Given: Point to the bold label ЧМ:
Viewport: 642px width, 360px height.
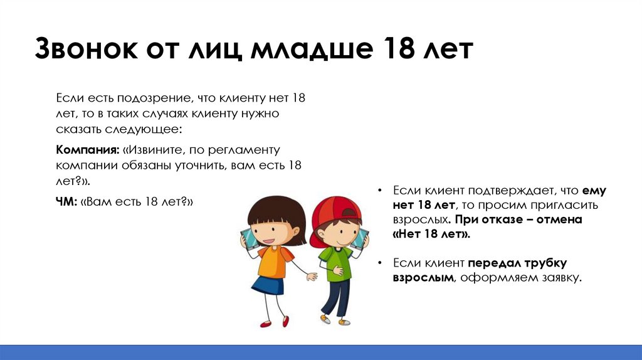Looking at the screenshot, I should coord(66,202).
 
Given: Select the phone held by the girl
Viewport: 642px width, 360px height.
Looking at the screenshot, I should coord(248,239).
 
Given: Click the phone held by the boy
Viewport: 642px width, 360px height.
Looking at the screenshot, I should coord(360,239).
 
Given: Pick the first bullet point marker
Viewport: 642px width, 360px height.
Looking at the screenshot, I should coord(380,191).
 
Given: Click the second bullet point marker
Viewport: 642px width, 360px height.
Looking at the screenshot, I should coord(380,263).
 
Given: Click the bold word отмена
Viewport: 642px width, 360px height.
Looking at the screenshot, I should coord(559,220).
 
